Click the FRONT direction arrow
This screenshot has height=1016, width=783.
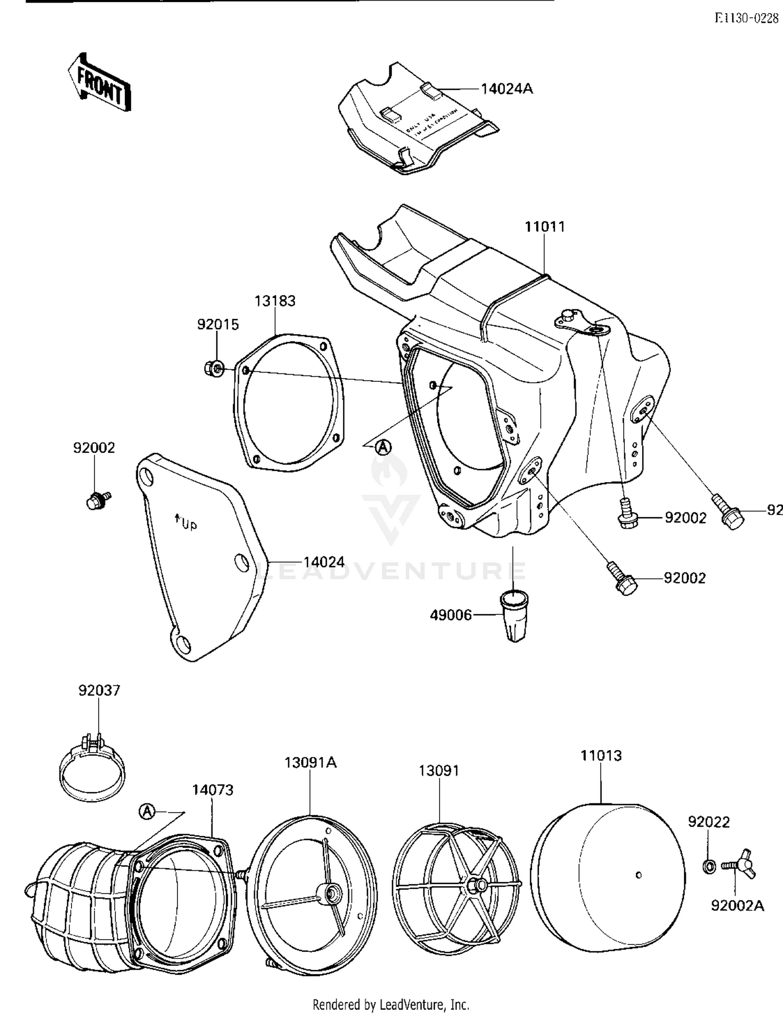point(99,84)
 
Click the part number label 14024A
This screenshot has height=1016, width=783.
point(506,89)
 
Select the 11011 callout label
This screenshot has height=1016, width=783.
point(544,227)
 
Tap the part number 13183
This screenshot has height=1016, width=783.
point(275,301)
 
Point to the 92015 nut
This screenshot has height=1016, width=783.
point(213,369)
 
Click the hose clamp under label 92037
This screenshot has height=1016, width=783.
point(92,770)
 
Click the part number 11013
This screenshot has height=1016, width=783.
point(601,755)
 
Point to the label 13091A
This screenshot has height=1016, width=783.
point(310,763)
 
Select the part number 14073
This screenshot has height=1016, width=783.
point(212,790)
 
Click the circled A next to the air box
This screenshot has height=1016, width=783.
point(384,447)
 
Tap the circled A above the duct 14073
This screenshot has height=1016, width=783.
point(148,812)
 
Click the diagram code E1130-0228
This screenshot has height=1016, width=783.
point(746,18)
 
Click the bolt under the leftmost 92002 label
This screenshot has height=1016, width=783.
point(96,500)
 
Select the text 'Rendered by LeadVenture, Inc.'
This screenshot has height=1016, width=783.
point(390,1005)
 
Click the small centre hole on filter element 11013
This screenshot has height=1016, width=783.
point(638,875)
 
